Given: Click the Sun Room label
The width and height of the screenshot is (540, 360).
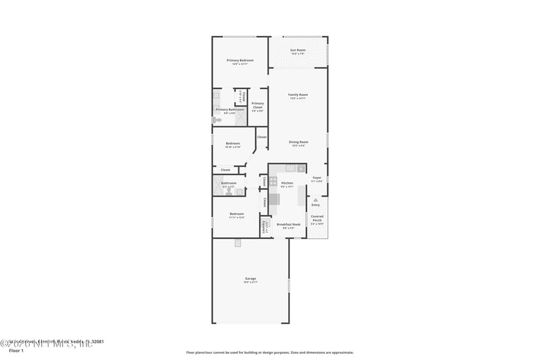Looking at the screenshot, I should click(298, 51).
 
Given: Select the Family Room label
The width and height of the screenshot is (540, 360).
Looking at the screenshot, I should click(298, 95).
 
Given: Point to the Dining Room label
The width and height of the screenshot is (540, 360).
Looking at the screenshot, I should click(298, 143).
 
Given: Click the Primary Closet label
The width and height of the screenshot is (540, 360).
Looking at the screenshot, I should click(257, 105).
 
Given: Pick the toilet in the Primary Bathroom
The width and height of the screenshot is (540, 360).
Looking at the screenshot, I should click(216, 120).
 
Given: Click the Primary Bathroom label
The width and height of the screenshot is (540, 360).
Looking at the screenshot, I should click(230, 110).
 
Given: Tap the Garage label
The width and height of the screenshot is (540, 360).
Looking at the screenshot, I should click(250, 280).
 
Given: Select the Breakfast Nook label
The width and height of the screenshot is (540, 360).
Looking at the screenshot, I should click(288, 226).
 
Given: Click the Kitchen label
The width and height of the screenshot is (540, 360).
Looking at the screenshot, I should click(287, 184).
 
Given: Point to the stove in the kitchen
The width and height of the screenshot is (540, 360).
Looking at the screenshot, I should click(273, 181).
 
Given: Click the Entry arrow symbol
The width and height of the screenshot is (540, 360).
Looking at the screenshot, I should click(315, 200).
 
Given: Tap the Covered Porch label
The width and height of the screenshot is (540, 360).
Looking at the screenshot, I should click(317, 219).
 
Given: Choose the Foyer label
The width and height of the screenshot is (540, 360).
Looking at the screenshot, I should click(317, 179).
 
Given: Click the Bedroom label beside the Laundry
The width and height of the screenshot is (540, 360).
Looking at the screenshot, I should click(236, 215).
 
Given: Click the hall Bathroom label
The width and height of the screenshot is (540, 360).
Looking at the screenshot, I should click(229, 183).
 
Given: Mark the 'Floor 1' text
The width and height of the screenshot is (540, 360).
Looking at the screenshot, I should click(16, 351).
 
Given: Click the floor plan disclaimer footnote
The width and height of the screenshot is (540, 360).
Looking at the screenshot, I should click(269, 352).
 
